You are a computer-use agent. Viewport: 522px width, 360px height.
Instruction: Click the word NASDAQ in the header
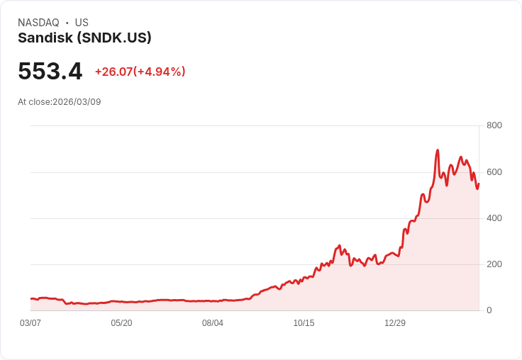click(x=38, y=23)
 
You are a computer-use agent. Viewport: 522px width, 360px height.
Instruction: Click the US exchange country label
click(x=82, y=23)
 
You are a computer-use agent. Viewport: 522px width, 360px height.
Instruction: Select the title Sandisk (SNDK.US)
click(x=84, y=38)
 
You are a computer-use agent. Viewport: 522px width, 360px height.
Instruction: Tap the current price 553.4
click(x=50, y=71)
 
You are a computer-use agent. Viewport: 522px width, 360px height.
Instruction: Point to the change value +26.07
click(x=113, y=72)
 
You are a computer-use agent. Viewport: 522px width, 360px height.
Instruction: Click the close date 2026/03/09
click(x=77, y=102)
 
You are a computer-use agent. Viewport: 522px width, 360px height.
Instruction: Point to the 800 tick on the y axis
click(x=494, y=125)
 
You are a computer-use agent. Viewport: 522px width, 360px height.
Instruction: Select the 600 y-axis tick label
click(x=494, y=171)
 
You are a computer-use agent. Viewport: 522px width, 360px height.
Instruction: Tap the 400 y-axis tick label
click(x=494, y=218)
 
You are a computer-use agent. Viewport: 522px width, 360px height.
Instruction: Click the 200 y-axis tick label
click(x=494, y=264)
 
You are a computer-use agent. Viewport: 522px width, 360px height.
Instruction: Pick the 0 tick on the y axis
click(x=489, y=310)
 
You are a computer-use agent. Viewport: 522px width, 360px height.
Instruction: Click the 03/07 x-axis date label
click(x=30, y=323)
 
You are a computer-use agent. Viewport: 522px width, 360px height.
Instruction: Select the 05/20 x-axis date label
click(x=121, y=323)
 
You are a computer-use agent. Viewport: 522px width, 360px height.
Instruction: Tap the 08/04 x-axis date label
click(x=213, y=323)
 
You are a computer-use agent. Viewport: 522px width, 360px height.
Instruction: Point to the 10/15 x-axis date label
click(x=304, y=323)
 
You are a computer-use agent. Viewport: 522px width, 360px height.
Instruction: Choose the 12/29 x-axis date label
click(x=395, y=323)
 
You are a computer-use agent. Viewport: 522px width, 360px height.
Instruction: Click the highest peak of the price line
click(x=438, y=150)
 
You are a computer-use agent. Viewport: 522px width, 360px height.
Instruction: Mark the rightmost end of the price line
click(x=479, y=184)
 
